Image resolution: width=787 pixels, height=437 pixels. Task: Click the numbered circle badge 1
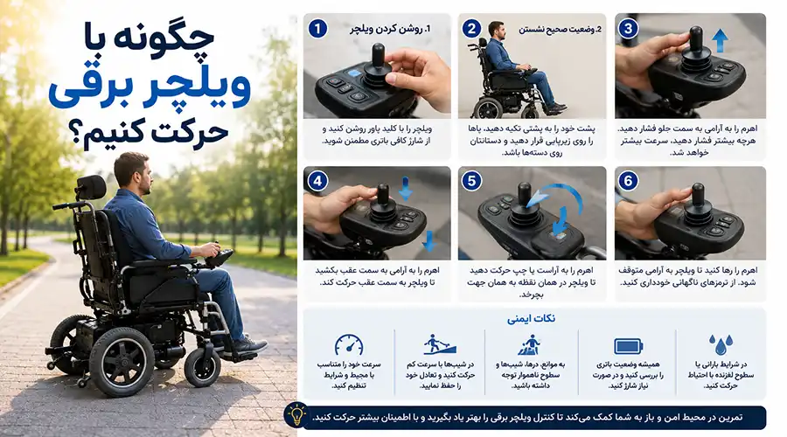coord(317,29)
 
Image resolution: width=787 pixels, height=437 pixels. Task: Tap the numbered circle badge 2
coord(471,29)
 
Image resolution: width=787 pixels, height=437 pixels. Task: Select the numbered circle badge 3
coord(628,29)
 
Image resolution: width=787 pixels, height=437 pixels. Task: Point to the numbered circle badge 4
coord(317,181)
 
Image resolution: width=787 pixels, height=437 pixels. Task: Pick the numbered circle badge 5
coord(471,181)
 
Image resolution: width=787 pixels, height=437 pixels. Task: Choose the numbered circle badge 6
coord(628,181)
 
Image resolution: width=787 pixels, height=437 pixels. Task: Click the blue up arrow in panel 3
coord(720,40)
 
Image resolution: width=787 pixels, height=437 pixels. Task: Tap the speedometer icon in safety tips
coord(349,345)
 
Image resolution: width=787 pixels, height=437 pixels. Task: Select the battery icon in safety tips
coord(629,346)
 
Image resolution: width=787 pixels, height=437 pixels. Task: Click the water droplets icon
coord(721,345)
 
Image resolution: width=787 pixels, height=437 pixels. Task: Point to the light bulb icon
coord(296,415)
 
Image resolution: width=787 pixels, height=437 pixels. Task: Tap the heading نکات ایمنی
coord(531,319)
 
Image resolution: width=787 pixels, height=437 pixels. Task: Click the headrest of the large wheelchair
coord(91,187)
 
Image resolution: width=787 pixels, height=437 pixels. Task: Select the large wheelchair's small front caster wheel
coord(202,368)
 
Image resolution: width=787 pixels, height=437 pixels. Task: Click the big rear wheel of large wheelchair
coord(122,362)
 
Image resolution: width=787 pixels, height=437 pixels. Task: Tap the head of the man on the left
coord(133,173)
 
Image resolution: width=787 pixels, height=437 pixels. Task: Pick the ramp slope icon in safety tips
coord(440,345)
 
